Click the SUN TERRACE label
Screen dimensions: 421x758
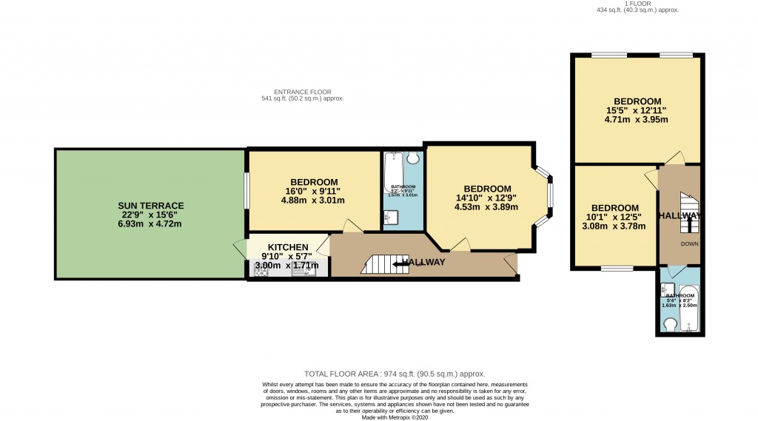click(x=150, y=205)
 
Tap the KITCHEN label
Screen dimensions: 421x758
click(x=288, y=247)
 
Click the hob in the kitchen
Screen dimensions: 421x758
click(x=261, y=272)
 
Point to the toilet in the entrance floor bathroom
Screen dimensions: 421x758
click(x=413, y=158)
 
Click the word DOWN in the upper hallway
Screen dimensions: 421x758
click(x=689, y=243)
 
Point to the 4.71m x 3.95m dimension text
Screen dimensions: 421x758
click(x=637, y=120)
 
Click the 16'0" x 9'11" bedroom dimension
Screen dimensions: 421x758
click(x=315, y=192)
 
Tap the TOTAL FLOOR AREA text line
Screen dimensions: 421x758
click(x=395, y=374)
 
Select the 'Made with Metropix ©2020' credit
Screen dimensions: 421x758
click(x=395, y=417)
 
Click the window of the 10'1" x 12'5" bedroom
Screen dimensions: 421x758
click(x=615, y=269)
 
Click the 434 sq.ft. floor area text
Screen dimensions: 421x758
click(x=637, y=10)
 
